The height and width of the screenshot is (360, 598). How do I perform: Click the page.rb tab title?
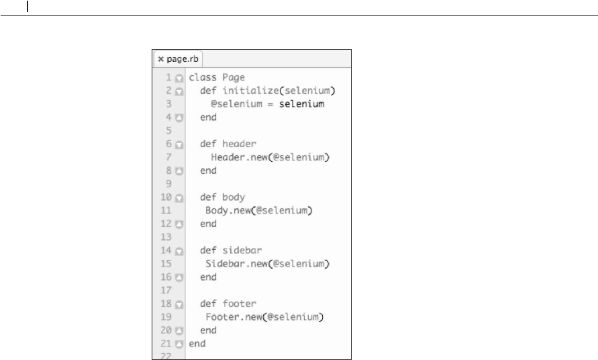point(183,59)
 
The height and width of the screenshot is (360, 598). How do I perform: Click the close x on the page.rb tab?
point(160,59)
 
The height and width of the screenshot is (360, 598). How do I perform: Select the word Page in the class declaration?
point(234,77)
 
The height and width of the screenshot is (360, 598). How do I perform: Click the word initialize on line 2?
point(250,91)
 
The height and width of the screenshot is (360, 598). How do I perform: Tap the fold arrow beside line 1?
point(179,79)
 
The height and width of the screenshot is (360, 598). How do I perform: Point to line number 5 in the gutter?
point(168,130)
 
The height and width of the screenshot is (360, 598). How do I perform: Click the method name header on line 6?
point(239,144)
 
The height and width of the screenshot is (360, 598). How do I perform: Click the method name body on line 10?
point(234,197)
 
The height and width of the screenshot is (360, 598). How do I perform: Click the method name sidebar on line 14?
point(242,251)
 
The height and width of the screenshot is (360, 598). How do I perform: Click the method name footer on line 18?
point(239,304)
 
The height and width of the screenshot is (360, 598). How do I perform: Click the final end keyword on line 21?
point(197,344)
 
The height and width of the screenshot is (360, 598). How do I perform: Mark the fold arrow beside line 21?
point(179,344)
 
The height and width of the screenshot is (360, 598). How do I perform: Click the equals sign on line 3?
point(270,104)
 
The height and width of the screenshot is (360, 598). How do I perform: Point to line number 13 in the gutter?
point(166,237)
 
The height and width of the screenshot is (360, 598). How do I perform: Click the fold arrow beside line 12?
point(179,224)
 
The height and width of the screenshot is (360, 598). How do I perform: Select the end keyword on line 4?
point(208,117)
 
